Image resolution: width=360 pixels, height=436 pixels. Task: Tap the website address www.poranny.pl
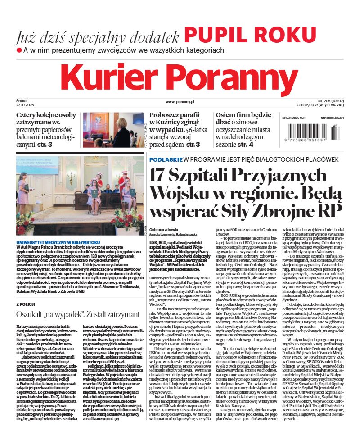[180, 103]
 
